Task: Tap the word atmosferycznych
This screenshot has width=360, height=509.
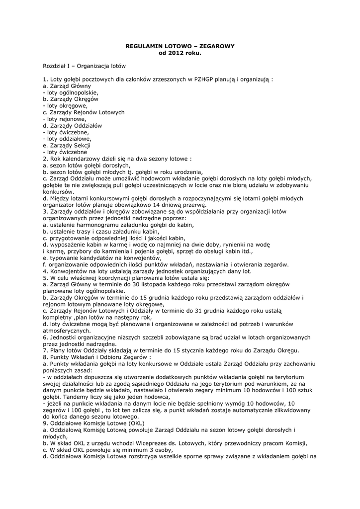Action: pos(67,331)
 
